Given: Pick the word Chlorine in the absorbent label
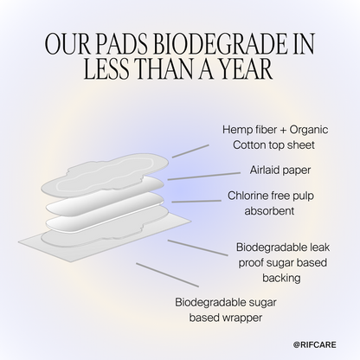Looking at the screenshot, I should pyautogui.click(x=249, y=196).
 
